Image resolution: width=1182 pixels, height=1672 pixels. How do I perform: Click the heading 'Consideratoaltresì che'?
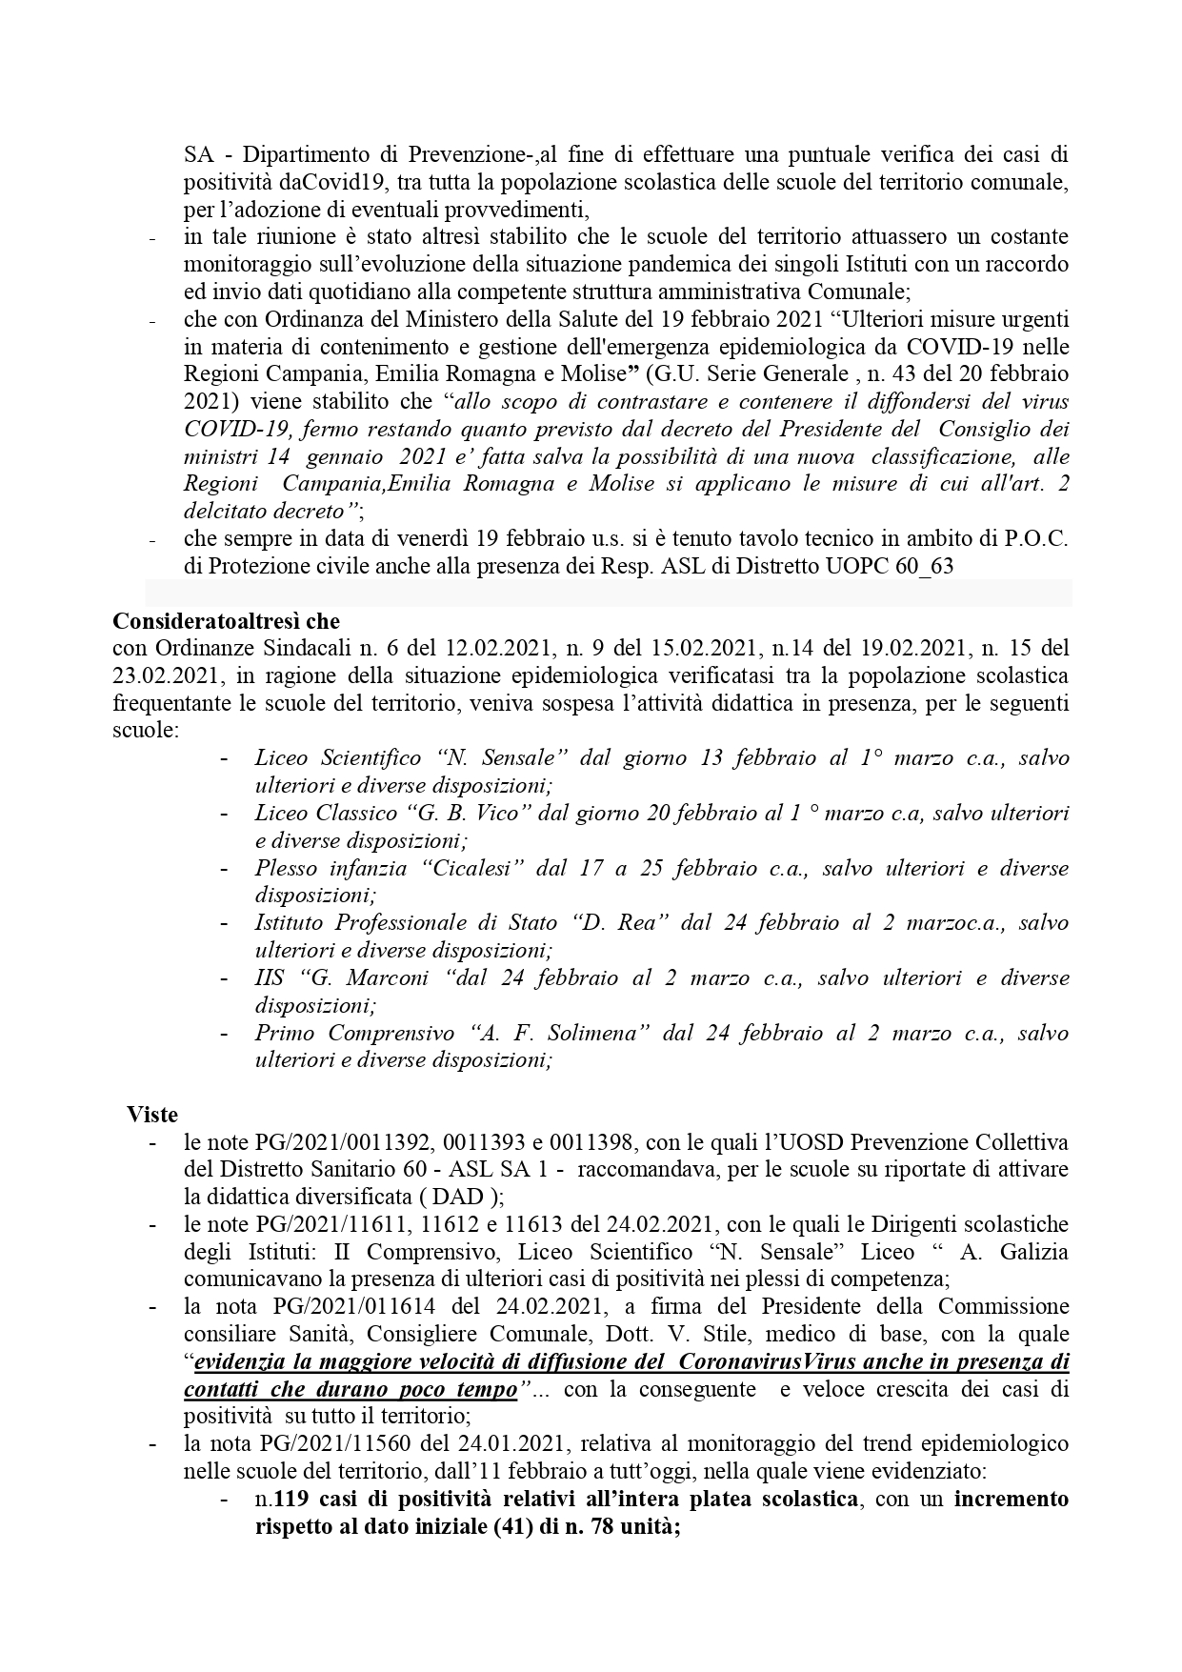[226, 621]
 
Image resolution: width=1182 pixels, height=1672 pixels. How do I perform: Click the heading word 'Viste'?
[152, 1114]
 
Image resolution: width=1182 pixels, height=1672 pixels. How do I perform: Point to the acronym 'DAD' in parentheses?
[458, 1197]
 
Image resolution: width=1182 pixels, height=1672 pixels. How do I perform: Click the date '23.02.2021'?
[168, 676]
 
